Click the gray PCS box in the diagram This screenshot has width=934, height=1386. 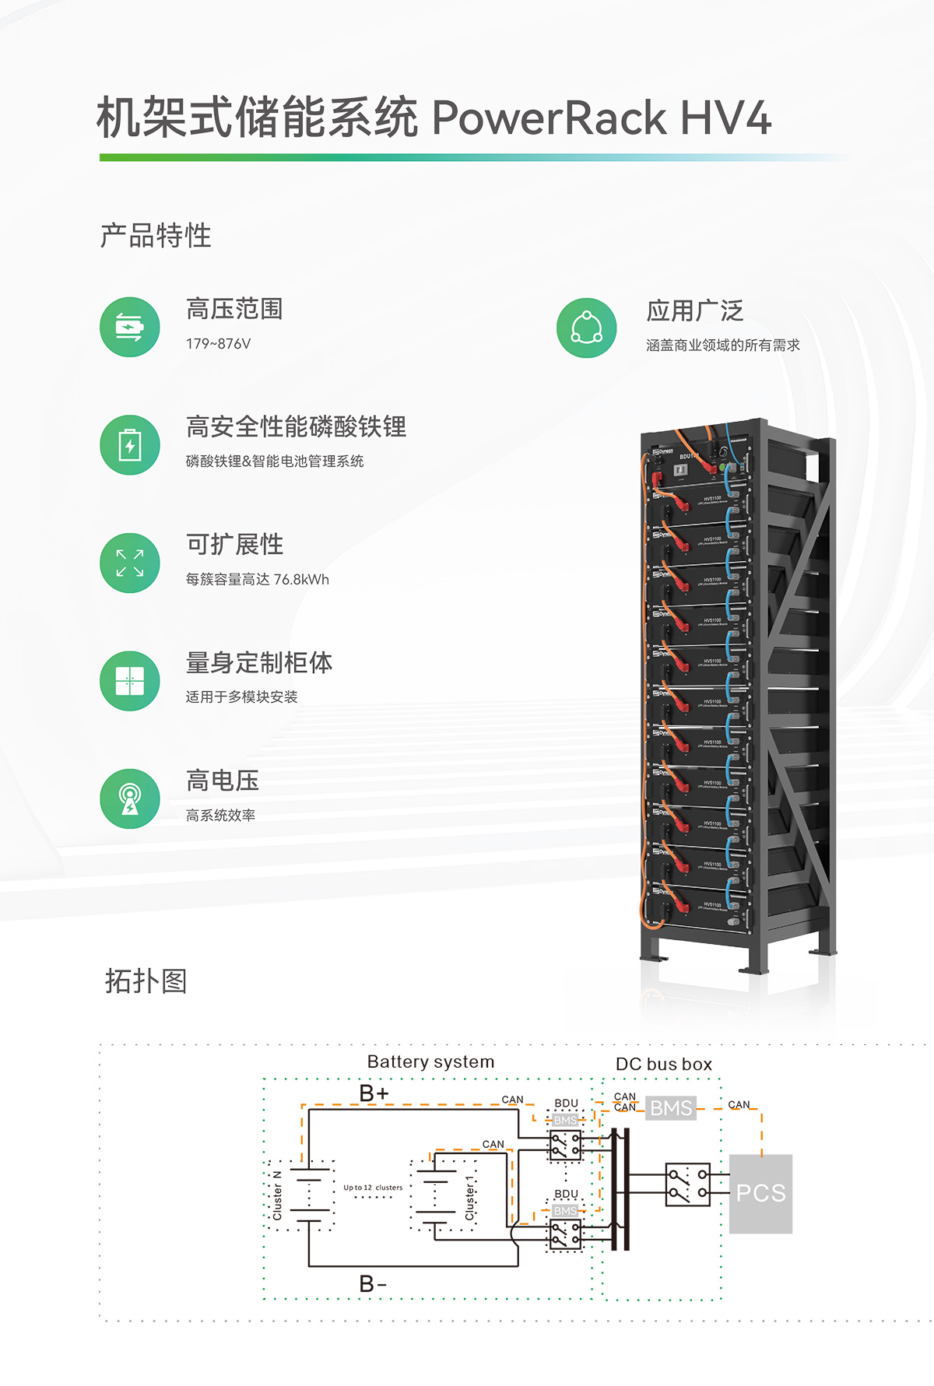click(760, 1193)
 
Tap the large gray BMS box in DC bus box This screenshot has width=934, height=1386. click(670, 1107)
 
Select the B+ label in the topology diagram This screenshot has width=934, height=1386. click(374, 1093)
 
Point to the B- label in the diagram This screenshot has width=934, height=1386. click(373, 1283)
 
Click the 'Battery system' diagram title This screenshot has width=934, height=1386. click(430, 1061)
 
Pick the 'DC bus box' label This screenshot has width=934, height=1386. click(663, 1064)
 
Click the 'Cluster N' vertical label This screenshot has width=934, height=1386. click(277, 1195)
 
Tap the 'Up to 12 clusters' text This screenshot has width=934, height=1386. click(373, 1188)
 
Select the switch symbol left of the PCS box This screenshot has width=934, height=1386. click(687, 1184)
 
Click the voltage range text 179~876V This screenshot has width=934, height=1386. click(218, 344)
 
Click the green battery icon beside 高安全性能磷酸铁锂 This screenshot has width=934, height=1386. click(130, 445)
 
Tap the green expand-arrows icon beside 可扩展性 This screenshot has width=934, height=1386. click(130, 563)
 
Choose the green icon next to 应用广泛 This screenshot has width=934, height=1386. click(587, 328)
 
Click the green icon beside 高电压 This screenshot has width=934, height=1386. click(130, 798)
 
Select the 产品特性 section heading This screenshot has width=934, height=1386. click(156, 235)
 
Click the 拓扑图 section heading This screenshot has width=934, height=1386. click(146, 981)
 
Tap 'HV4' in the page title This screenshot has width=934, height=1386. click(725, 118)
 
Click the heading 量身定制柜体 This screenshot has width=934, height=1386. click(259, 663)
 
